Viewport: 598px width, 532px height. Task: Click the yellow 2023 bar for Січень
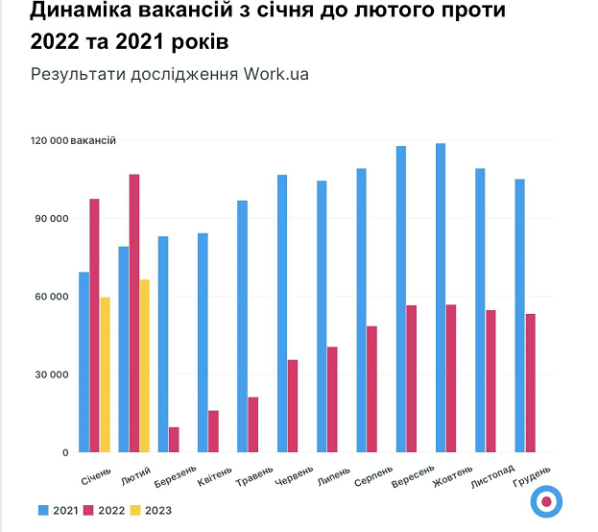click(x=106, y=375)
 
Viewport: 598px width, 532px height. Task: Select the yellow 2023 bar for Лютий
click(x=145, y=366)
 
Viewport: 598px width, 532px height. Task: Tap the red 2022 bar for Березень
click(x=174, y=439)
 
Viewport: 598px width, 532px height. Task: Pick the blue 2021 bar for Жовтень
click(x=441, y=298)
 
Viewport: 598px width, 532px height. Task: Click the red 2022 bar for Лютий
click(x=134, y=313)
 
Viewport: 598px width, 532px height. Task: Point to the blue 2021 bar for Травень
click(x=243, y=326)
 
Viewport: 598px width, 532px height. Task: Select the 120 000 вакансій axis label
click(x=73, y=140)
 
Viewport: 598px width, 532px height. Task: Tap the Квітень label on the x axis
click(x=212, y=476)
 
